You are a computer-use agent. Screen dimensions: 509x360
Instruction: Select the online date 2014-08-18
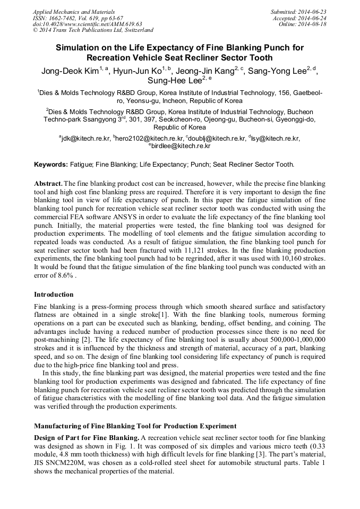313,24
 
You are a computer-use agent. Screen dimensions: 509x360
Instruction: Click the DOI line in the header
87,24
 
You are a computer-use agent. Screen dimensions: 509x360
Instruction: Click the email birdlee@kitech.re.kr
181,146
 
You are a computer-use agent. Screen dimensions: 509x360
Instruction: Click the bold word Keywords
51,165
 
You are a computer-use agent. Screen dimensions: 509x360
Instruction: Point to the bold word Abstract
48,183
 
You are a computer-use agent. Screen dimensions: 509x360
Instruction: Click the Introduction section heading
54,294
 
